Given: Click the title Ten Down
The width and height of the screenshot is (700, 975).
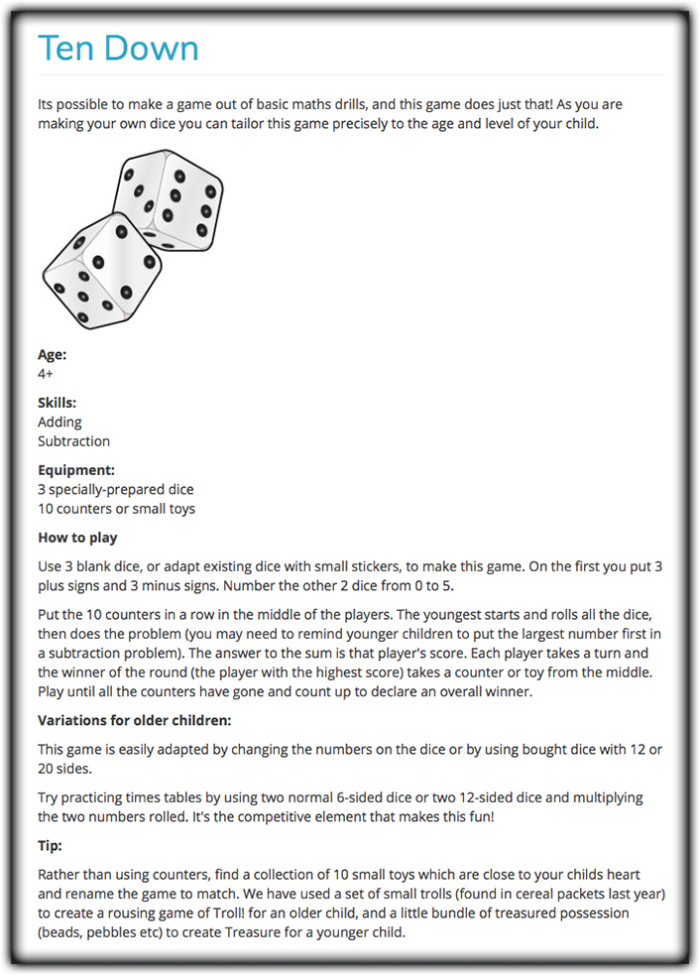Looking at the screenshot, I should coord(118,48).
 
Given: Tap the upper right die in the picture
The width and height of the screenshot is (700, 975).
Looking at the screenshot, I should coord(168,197).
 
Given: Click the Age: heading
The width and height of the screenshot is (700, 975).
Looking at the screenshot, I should coord(53,355).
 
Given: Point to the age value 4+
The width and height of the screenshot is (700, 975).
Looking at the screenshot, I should coord(46,374).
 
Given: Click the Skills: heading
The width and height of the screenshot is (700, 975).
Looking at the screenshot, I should coord(58,403).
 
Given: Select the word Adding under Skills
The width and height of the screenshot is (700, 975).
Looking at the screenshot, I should coord(59,422).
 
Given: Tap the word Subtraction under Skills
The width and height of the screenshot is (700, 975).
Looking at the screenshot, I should coord(73,441).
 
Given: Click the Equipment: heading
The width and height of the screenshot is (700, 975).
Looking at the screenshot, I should coord(76,470).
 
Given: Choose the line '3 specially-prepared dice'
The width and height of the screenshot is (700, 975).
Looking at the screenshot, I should coord(115,489).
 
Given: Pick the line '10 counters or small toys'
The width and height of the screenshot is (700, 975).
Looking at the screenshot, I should coord(116,509).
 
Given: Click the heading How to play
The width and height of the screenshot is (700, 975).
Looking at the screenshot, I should coord(77,538).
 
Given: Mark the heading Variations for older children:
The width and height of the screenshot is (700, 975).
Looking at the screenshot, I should coord(135,720).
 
